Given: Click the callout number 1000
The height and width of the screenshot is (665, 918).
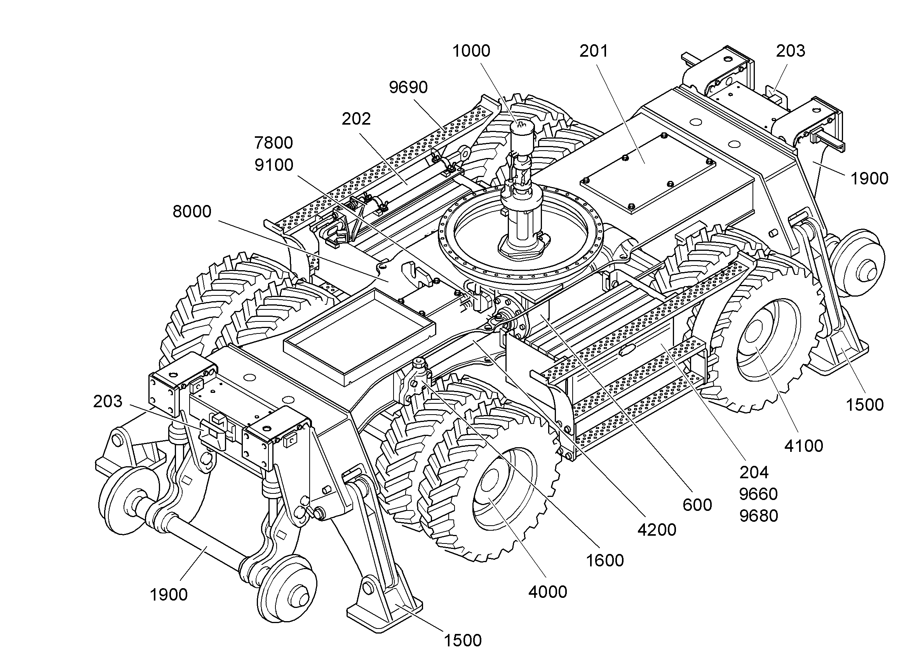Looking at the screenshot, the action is [471, 51].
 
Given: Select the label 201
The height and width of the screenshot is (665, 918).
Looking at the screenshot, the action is [594, 51].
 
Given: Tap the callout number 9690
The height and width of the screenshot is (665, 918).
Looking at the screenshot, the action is [408, 87].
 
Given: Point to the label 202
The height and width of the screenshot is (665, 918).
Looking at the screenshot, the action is [356, 119].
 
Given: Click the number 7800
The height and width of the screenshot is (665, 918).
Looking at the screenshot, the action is [273, 143].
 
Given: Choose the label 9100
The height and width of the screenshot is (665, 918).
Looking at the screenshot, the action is [273, 165].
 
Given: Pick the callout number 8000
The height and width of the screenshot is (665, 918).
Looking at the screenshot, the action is [192, 212].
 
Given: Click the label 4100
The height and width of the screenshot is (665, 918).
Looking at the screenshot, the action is [803, 446].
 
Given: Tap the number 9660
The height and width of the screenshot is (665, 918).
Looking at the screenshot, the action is [758, 494].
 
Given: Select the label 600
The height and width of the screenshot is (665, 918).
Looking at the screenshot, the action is [697, 505].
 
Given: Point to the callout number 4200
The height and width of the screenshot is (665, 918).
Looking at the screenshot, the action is [657, 530].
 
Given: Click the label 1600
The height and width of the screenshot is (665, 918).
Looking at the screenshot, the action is [605, 561].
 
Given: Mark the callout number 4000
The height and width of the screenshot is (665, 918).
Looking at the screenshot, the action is [548, 592].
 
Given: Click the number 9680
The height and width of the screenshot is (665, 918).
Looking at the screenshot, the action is [758, 516].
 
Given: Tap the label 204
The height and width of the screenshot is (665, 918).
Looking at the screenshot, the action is [754, 472].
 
